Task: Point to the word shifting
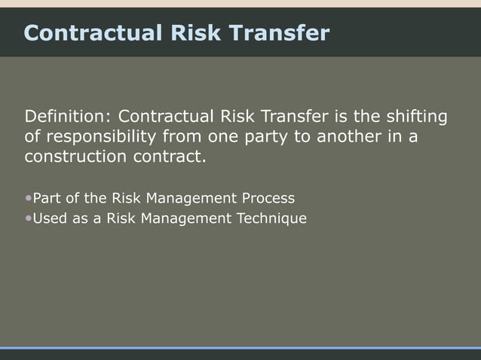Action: tap(416, 117)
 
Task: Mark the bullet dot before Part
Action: tap(29, 199)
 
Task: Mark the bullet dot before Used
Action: tap(29, 219)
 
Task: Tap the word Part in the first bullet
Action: tap(47, 199)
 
